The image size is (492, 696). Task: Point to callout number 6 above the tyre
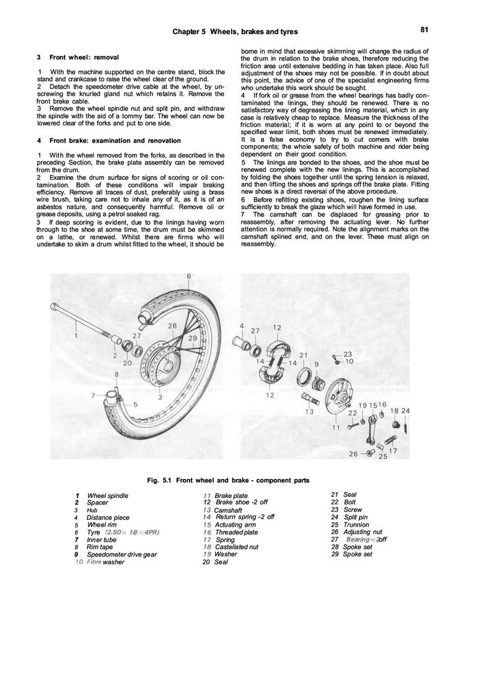point(188,276)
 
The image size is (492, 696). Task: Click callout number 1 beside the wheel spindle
point(76,336)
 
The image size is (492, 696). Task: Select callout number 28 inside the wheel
point(172,326)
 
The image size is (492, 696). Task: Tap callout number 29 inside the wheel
point(193,337)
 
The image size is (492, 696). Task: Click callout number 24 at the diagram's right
point(405,411)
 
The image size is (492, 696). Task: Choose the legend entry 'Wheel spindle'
point(108,496)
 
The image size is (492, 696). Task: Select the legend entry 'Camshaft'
point(227,510)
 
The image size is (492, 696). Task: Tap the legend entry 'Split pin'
point(356,517)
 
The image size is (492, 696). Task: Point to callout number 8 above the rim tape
point(116,375)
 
